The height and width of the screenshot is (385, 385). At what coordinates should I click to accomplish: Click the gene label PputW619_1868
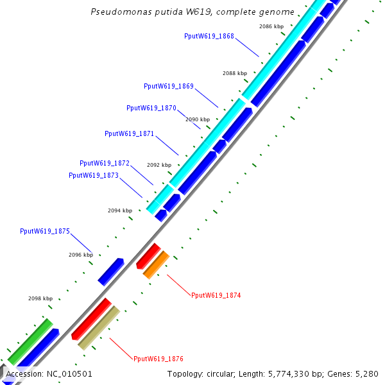pyautogui.click(x=209, y=37)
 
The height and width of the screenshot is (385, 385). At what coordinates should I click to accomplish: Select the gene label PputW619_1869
pyautogui.click(x=169, y=86)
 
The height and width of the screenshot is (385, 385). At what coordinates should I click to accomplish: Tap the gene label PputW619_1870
pyautogui.click(x=151, y=108)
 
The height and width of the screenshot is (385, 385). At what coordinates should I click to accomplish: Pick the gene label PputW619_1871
pyautogui.click(x=129, y=133)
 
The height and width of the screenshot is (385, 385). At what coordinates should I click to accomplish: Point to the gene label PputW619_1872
pyautogui.click(x=105, y=163)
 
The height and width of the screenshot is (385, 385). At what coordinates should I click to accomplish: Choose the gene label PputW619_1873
pyautogui.click(x=94, y=175)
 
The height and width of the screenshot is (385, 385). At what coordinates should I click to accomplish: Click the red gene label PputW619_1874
pyautogui.click(x=216, y=295)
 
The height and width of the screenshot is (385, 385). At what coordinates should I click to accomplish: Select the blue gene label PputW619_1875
pyautogui.click(x=45, y=231)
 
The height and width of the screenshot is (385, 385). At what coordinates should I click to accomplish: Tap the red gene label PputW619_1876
pyautogui.click(x=158, y=359)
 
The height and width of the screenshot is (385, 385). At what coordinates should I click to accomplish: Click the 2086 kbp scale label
pyautogui.click(x=271, y=26)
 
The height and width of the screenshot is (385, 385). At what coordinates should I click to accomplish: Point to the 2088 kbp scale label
pyautogui.click(x=235, y=73)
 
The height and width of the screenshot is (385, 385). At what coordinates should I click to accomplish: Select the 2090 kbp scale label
pyautogui.click(x=198, y=119)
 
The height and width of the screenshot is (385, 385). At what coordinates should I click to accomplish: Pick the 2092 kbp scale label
pyautogui.click(x=159, y=165)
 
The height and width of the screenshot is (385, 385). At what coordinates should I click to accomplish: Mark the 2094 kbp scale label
pyautogui.click(x=120, y=210)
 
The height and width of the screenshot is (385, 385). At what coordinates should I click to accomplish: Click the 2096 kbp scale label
pyautogui.click(x=81, y=255)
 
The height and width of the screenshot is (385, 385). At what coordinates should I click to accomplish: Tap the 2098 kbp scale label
pyautogui.click(x=40, y=298)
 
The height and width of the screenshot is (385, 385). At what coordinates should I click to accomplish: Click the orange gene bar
pyautogui.click(x=156, y=264)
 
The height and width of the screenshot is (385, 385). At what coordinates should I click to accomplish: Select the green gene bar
pyautogui.click(x=30, y=340)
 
